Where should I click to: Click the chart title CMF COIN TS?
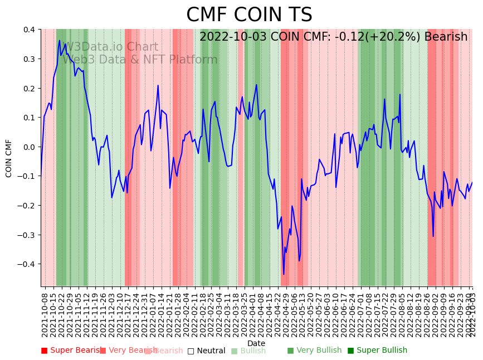[249, 15]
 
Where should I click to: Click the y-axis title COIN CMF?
[9, 158]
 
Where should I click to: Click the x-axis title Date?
[256, 343]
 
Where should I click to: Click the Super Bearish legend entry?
[72, 351]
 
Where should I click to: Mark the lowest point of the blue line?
[284, 274]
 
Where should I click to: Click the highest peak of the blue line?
[60, 40]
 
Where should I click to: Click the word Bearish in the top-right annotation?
[446, 37]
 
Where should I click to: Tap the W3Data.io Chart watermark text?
[111, 47]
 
